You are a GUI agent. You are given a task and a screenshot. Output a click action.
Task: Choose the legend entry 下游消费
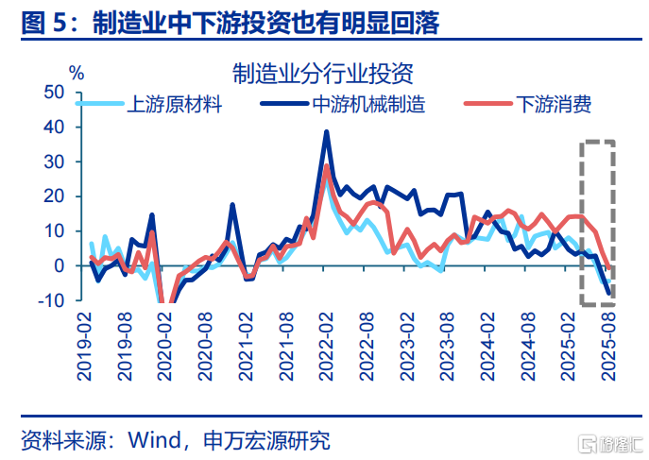pyautogui.click(x=554, y=104)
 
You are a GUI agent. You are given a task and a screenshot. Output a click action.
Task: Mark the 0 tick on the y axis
pyautogui.click(x=59, y=266)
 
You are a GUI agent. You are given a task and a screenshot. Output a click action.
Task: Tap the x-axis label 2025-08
pyautogui.click(x=607, y=349)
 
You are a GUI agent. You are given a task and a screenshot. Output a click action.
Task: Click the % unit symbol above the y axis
pyautogui.click(x=77, y=72)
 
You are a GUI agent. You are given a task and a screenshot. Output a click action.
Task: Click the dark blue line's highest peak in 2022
pyautogui.click(x=326, y=132)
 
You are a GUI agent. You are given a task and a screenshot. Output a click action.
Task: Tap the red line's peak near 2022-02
pyautogui.click(x=327, y=166)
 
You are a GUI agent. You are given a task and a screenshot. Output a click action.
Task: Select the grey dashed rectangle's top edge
pyautogui.click(x=597, y=143)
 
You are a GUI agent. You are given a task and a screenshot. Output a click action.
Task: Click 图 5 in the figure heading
pyautogui.click(x=45, y=24)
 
